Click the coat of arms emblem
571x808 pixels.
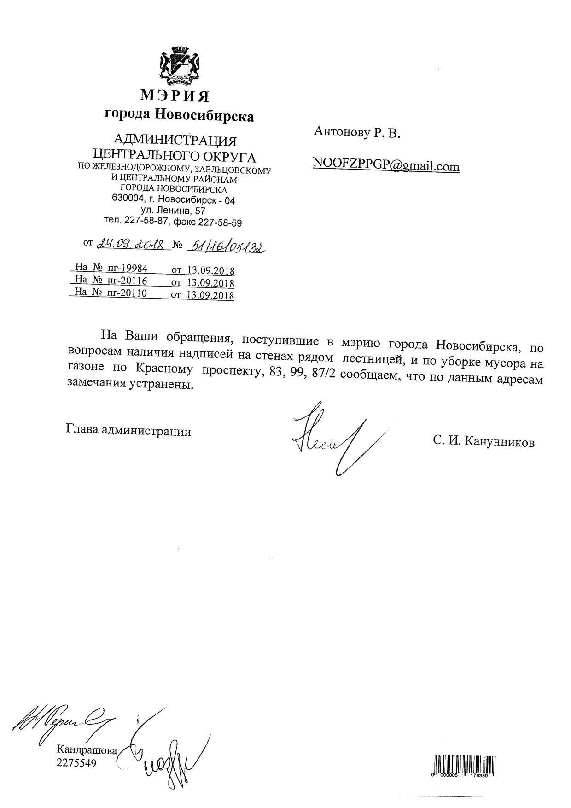(x=180, y=66)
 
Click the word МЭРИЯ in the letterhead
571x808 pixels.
(x=175, y=96)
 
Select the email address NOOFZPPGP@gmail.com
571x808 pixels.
(x=386, y=165)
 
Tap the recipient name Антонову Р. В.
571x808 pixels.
(x=357, y=133)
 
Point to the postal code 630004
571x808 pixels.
(x=127, y=199)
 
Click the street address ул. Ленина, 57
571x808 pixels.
(x=173, y=211)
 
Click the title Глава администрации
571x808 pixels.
(x=128, y=431)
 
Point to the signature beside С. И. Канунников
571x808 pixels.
(x=329, y=438)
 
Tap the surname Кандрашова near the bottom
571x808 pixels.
(x=87, y=749)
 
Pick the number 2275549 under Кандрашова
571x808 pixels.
(x=76, y=763)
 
